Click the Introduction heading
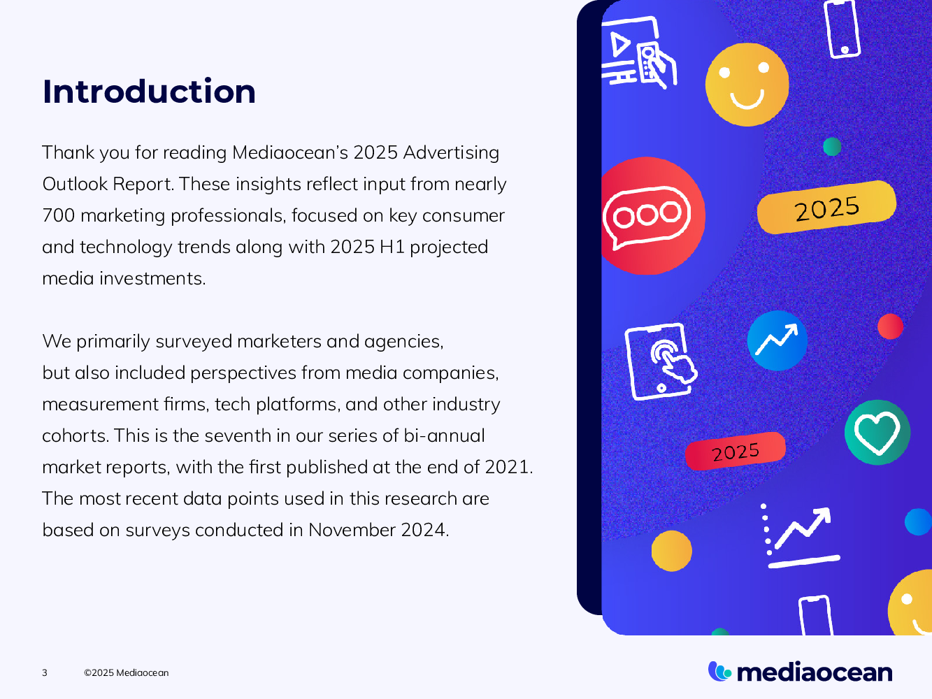point(149,92)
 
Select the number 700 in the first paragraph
point(58,215)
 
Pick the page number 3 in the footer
point(45,672)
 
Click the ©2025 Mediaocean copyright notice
point(126,672)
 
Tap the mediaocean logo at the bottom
point(800,672)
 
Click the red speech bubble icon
point(649,216)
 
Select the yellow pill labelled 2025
point(826,208)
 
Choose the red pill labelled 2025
point(736,452)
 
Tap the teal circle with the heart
point(877,433)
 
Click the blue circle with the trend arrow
point(777,340)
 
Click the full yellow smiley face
point(747,85)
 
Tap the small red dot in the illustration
point(890,326)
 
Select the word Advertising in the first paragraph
point(451,152)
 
